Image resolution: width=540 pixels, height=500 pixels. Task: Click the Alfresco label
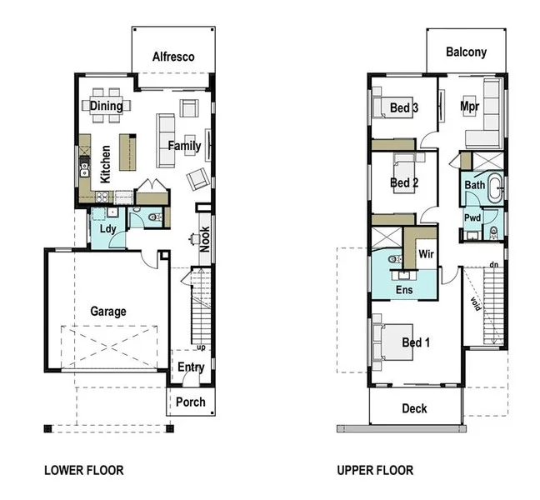coord(173,57)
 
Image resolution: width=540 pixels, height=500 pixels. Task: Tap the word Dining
coord(107,106)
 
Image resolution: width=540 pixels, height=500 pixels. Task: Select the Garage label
coord(108,312)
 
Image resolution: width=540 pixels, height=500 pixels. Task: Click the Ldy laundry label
coord(107,228)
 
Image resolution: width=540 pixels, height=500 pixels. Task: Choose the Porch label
coord(191,402)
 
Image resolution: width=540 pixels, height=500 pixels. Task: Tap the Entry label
coord(191,367)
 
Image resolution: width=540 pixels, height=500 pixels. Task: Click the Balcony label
coord(466,52)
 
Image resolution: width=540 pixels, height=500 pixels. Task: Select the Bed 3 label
coord(404,107)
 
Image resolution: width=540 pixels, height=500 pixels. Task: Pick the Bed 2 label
coord(404,182)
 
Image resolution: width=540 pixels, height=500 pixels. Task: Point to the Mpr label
coord(472,107)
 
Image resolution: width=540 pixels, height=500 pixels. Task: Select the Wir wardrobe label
coord(425,253)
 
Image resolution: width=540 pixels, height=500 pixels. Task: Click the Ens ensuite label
coord(404,290)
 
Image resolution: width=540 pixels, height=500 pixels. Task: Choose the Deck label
coord(414,408)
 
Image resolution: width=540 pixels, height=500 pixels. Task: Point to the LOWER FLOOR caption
coord(83,471)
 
